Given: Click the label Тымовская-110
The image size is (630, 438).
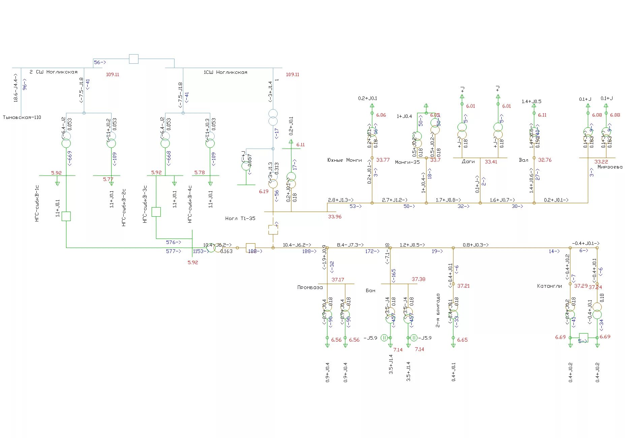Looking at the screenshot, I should point(22,117).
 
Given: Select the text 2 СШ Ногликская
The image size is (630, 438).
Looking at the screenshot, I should point(54,72).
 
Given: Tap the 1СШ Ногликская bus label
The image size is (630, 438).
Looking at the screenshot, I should point(225,72).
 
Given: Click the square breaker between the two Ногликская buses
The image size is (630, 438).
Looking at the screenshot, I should point(134,59).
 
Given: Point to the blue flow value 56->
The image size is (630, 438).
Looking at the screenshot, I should point(100,62).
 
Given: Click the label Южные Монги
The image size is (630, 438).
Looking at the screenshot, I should point(344,160).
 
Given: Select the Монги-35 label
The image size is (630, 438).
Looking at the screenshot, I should point(407,162).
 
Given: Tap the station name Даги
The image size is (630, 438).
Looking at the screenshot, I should point(468,161).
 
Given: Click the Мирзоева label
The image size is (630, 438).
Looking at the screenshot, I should point(610,167).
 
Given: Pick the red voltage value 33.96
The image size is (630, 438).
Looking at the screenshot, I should point(335,217).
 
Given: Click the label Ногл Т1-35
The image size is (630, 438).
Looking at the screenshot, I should point(240,218).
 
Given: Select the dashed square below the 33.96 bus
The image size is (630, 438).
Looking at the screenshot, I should point(273,230).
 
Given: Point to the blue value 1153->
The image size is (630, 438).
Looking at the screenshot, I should point(200,251).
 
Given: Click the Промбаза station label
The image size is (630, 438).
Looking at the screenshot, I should point(310,287).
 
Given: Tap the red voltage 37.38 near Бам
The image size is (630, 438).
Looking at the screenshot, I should point(418,279).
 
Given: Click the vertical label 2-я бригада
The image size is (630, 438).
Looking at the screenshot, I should point(438,310).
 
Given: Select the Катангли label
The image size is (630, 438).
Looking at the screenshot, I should point(549,286).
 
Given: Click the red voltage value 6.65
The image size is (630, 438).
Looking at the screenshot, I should point(462,340).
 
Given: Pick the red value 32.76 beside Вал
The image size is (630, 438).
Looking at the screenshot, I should point(545,160).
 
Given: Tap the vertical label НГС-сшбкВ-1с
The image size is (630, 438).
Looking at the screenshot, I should point(37,203).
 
